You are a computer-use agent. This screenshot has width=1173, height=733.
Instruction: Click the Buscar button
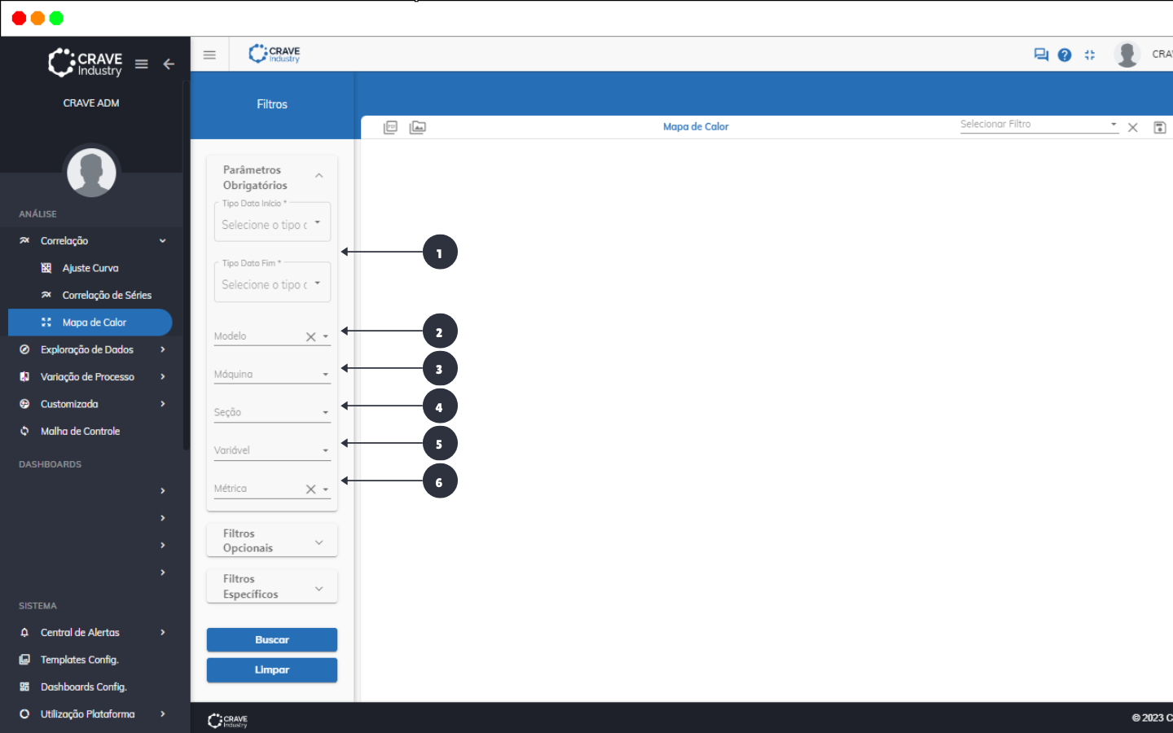(271, 639)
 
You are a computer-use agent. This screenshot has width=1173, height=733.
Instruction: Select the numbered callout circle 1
(440, 252)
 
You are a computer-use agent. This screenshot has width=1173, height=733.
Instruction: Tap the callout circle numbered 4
(440, 406)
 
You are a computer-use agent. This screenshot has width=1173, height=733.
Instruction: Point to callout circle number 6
(440, 481)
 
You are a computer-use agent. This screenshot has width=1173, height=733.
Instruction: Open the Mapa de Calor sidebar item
(94, 323)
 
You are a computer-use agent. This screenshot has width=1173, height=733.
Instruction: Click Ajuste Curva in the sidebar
(90, 268)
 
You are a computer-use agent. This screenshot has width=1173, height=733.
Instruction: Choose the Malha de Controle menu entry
(80, 431)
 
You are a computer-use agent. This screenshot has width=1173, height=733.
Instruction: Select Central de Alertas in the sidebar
(80, 632)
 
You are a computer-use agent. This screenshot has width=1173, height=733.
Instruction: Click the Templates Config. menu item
(79, 660)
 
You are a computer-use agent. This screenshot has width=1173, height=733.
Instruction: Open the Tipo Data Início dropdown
(271, 224)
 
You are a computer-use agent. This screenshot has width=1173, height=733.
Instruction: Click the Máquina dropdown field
(271, 375)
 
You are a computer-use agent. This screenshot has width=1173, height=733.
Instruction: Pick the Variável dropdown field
(271, 450)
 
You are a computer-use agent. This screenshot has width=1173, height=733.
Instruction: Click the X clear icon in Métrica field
(310, 489)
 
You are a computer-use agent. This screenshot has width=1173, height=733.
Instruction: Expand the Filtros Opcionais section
(271, 541)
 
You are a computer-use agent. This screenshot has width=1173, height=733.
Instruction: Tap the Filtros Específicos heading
(271, 586)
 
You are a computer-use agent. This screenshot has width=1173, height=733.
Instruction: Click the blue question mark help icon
(1065, 55)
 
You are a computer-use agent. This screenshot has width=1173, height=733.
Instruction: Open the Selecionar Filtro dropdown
(1038, 125)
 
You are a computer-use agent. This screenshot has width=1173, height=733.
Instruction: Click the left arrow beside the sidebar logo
(169, 64)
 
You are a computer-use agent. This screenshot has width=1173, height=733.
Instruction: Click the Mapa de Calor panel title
(696, 127)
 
